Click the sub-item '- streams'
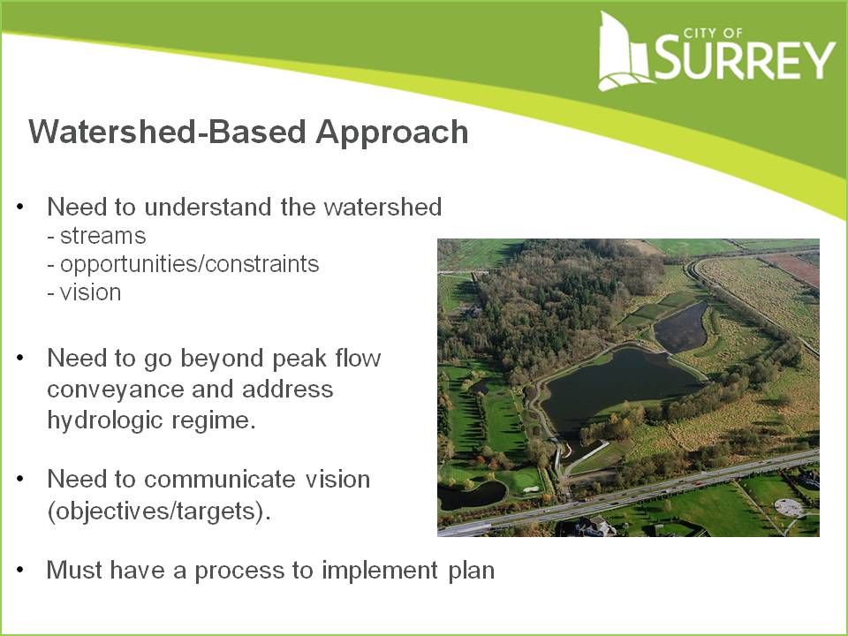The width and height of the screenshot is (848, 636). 96,236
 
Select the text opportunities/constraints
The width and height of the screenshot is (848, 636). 189,264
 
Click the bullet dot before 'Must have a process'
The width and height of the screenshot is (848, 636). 20,571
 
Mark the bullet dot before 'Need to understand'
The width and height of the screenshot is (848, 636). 20,208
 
